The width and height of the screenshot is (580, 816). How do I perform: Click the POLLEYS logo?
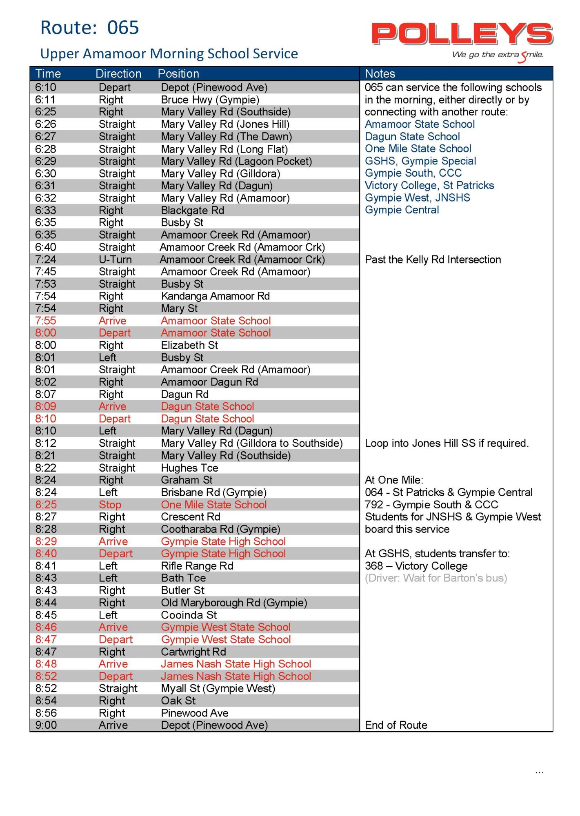tap(462, 35)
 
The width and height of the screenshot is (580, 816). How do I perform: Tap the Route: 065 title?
tap(90, 28)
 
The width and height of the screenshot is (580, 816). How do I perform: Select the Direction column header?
tap(118, 74)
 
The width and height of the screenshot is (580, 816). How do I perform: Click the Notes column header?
tap(380, 74)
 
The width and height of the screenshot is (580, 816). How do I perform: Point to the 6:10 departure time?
tap(46, 88)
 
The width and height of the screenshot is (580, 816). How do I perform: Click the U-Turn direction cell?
tap(115, 259)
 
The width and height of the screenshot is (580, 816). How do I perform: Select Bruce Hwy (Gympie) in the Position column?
tap(210, 100)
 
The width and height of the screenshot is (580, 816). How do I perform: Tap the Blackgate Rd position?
tap(192, 211)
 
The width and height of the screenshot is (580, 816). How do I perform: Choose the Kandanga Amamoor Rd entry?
tap(215, 296)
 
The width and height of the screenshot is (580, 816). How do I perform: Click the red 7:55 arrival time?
tap(46, 321)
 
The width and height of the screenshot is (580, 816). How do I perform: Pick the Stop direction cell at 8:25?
tap(110, 505)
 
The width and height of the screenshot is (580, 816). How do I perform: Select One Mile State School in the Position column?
tap(213, 505)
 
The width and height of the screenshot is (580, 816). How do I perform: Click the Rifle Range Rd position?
tap(197, 566)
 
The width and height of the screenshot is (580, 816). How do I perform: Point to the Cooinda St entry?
tap(189, 615)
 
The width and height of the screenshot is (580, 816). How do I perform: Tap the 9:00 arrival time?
tap(46, 725)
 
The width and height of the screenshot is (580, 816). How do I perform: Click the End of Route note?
tap(396, 725)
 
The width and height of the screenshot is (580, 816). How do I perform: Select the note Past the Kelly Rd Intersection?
tap(433, 259)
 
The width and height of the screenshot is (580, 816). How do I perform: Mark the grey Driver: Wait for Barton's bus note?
tap(436, 578)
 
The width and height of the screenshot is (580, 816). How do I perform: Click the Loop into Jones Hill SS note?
tap(447, 443)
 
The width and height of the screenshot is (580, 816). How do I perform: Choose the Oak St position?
tap(178, 701)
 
